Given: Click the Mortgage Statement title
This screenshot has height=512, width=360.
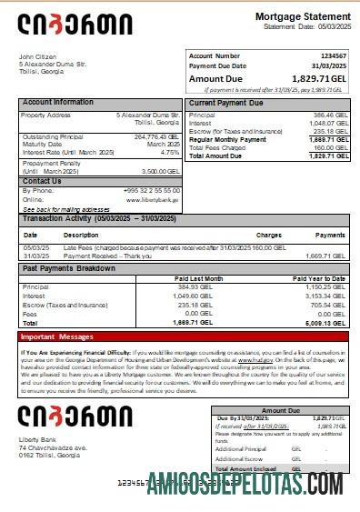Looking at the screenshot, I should [x=302, y=17].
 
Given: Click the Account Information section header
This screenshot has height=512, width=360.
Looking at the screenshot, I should [x=57, y=103].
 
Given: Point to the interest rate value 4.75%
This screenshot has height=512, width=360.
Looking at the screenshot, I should [x=170, y=152].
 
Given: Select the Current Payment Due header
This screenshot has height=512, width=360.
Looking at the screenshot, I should [x=225, y=103].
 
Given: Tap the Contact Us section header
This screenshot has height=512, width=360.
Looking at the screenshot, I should [x=42, y=181].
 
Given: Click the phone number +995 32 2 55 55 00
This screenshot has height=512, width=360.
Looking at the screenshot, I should [x=151, y=190].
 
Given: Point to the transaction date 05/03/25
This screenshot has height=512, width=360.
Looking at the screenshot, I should [x=36, y=246].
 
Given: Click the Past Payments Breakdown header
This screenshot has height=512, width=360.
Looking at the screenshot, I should [x=70, y=269].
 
